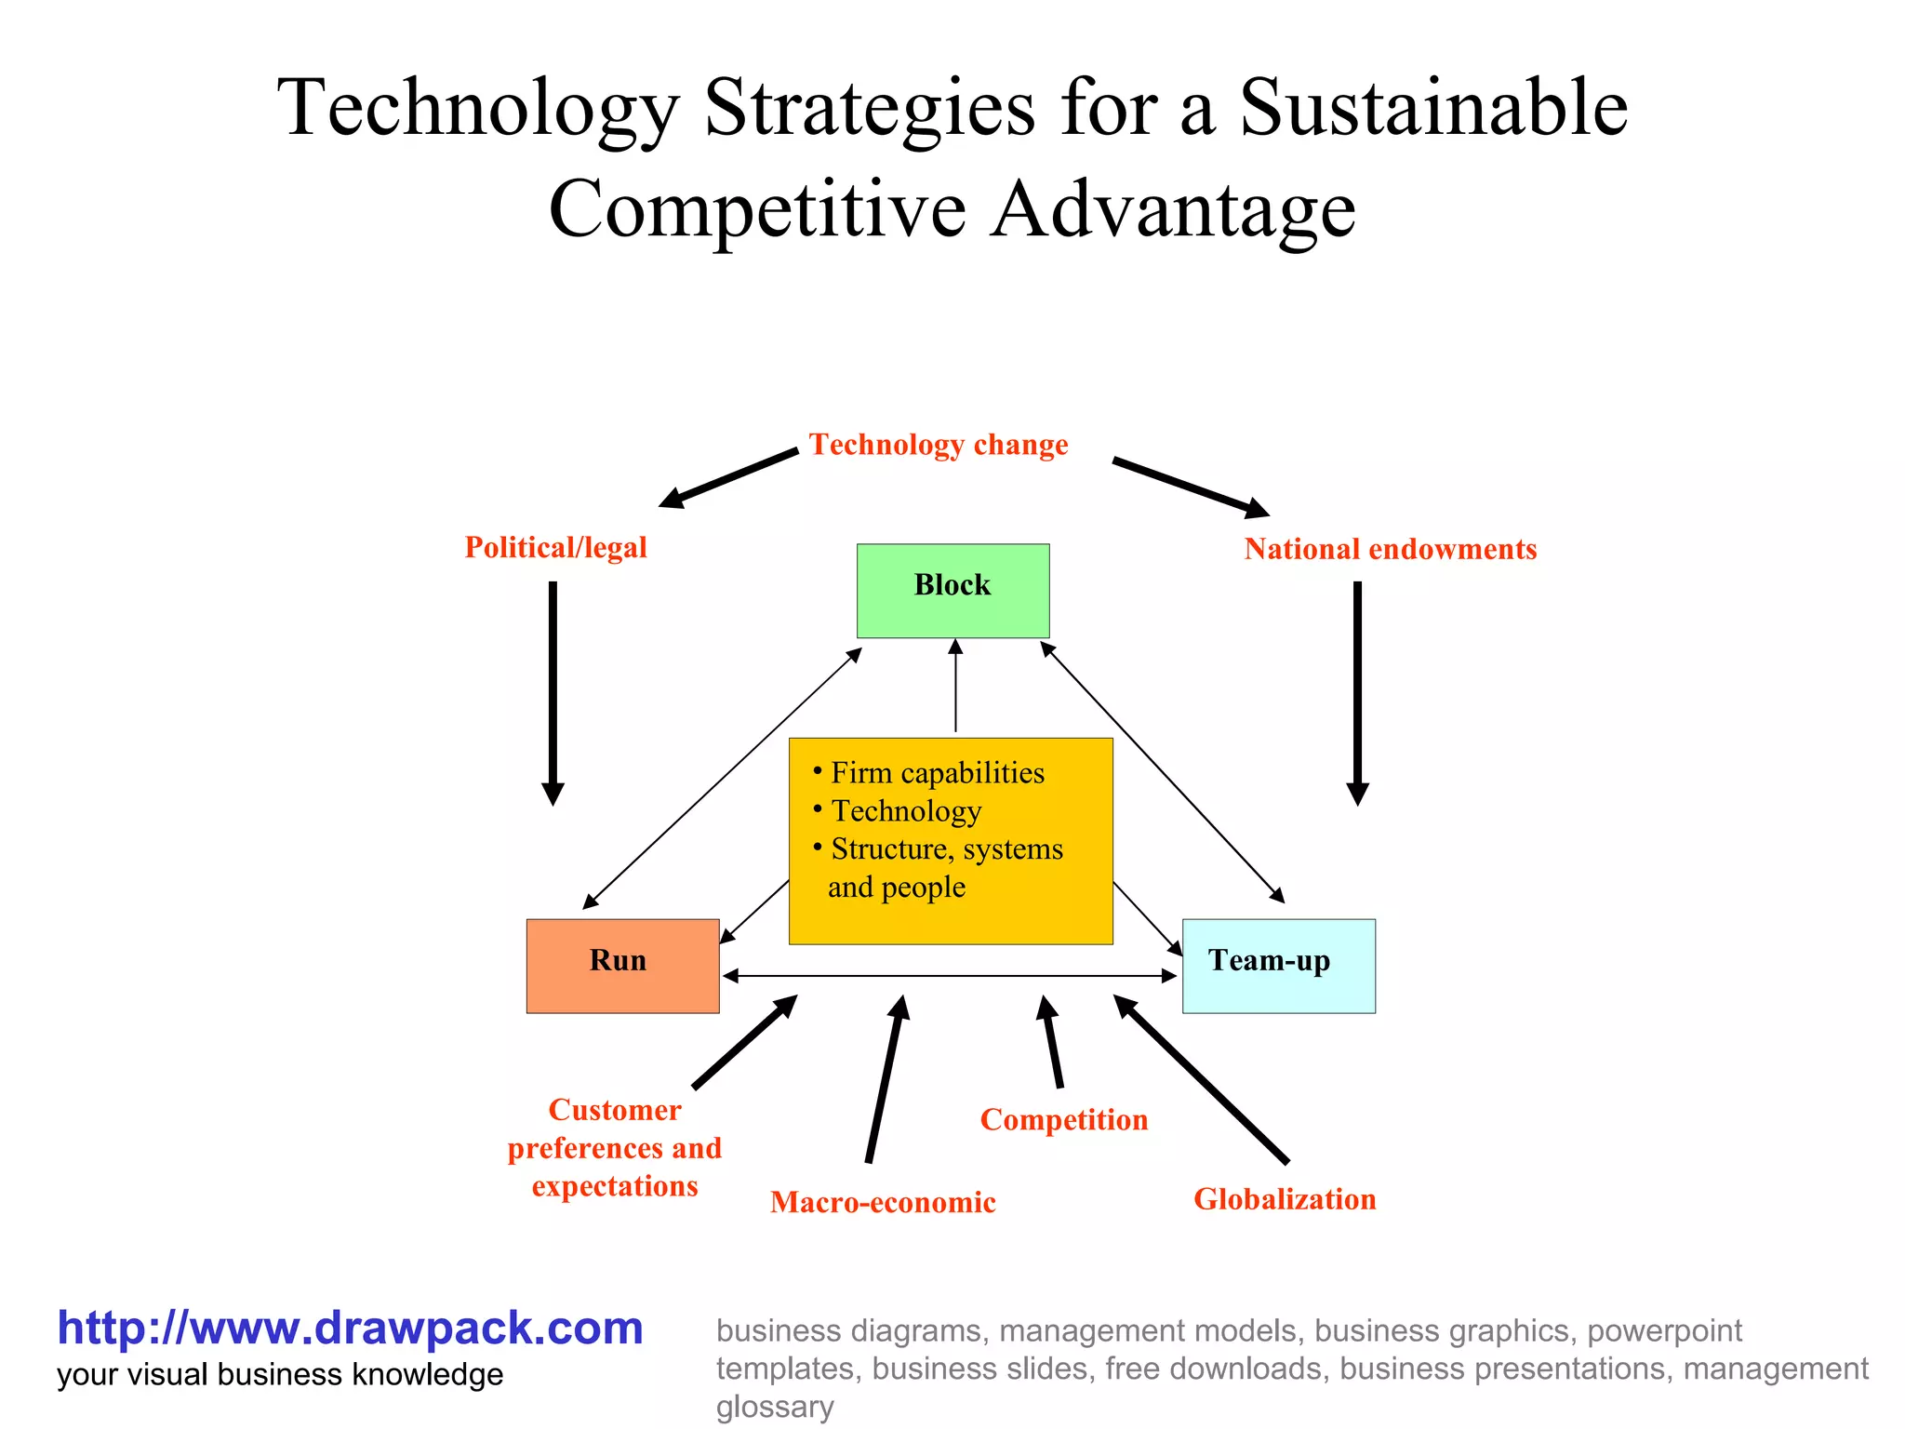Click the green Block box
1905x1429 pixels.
click(952, 591)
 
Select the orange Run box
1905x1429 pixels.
click(622, 966)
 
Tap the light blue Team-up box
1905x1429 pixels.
click(1278, 966)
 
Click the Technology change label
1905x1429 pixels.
click(938, 445)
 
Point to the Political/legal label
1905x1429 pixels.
click(555, 547)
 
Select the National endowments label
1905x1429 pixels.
click(1390, 549)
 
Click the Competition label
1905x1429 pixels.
click(1063, 1119)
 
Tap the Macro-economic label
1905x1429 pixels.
click(883, 1202)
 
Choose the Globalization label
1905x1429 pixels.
click(1285, 1199)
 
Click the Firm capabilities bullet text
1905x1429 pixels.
click(937, 773)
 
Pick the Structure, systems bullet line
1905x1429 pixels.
click(946, 849)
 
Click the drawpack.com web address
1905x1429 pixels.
click(350, 1328)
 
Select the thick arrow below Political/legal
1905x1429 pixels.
click(553, 692)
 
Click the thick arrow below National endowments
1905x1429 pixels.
click(1357, 692)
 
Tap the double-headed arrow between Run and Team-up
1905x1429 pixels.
click(949, 976)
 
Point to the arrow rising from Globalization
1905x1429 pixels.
click(1200, 1078)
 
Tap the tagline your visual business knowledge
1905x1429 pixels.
click(280, 1375)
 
